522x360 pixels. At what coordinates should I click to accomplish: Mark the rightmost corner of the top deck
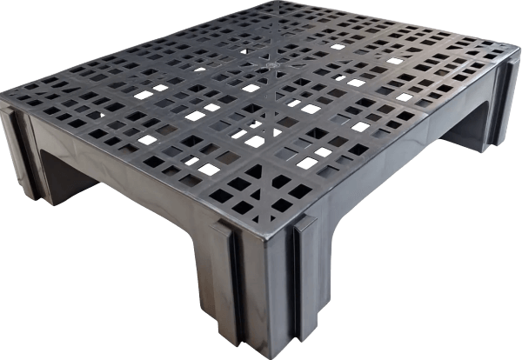[513, 54]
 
